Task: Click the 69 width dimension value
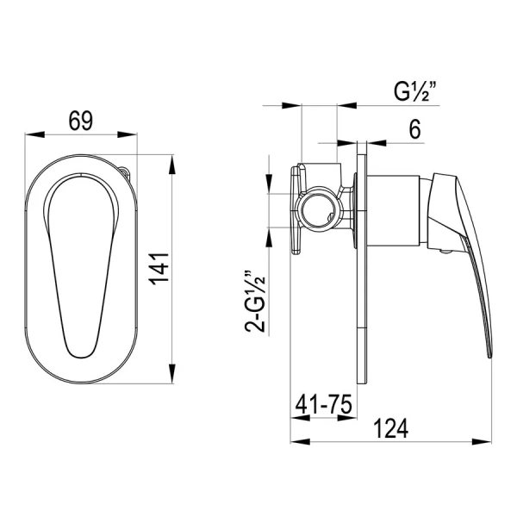[81, 121]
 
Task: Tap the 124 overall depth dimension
[390, 428]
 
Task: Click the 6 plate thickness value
[414, 129]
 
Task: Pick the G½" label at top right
[415, 91]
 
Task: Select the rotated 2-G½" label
[255, 301]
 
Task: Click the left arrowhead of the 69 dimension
[34, 134]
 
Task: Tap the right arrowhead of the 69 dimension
[128, 134]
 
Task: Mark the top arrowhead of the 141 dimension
[172, 165]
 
